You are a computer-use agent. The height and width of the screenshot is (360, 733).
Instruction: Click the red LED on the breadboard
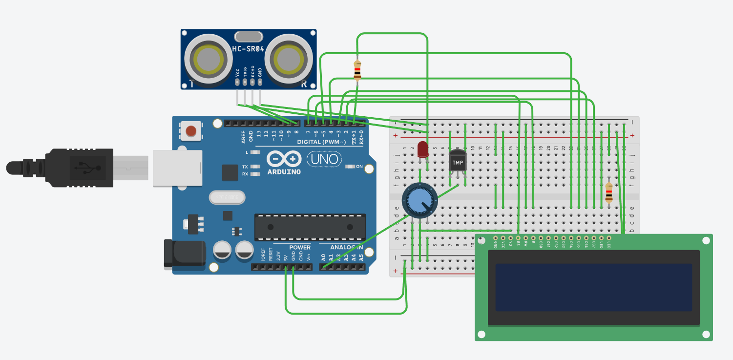[423, 149]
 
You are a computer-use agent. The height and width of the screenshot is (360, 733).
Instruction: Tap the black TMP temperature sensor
[458, 161]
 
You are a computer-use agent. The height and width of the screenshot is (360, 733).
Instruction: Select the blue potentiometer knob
[418, 200]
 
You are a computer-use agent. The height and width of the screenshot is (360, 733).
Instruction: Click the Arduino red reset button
[191, 130]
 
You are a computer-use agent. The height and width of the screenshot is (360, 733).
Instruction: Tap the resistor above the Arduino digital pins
[357, 70]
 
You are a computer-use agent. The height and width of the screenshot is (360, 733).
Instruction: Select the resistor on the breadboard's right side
[608, 192]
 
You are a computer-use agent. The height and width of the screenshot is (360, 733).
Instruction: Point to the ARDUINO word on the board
[284, 171]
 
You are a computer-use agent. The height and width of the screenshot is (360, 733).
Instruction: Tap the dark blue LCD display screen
[593, 287]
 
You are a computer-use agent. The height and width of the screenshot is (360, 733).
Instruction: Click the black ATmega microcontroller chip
[310, 227]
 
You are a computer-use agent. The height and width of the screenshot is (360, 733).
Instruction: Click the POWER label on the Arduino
[299, 248]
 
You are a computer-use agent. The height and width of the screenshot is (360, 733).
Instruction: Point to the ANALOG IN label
[341, 248]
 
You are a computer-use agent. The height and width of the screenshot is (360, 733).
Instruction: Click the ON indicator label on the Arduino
[359, 167]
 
